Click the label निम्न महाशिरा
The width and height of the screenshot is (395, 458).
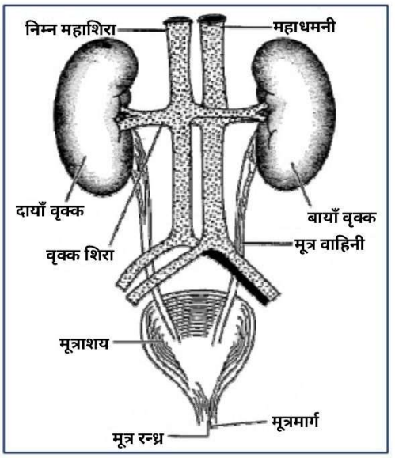click(x=70, y=29)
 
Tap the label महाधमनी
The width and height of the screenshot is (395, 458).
click(x=304, y=27)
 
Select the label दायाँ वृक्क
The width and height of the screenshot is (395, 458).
click(x=50, y=211)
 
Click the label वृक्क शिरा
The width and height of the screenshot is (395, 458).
click(x=80, y=255)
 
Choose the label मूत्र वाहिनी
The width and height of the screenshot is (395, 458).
click(x=329, y=244)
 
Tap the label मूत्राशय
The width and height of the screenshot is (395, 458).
click(x=84, y=343)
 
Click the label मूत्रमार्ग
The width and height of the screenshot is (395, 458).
click(x=295, y=421)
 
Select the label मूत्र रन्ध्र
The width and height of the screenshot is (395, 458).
click(x=138, y=438)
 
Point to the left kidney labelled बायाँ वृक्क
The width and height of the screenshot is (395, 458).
click(x=294, y=115)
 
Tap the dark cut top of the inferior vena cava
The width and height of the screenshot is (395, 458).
click(x=178, y=20)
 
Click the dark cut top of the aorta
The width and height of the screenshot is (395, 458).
click(x=212, y=19)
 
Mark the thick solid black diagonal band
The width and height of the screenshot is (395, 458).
click(x=236, y=277)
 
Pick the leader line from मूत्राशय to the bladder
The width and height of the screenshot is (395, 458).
click(x=138, y=341)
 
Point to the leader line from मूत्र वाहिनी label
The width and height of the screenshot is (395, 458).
click(x=268, y=243)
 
